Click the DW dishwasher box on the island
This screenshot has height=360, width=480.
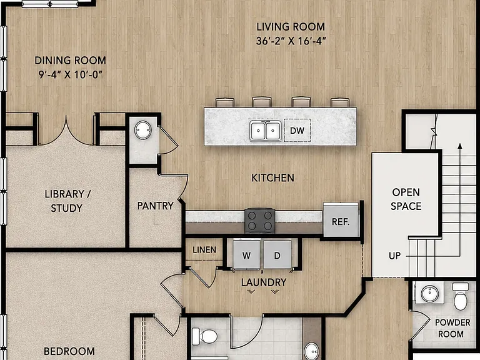click(297, 131)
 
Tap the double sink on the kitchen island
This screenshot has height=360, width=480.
click(266, 131)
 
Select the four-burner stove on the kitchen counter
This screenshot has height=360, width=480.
click(259, 221)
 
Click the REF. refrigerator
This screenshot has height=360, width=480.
click(341, 219)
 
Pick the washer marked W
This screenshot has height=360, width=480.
click(246, 255)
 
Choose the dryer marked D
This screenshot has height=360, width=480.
click(277, 255)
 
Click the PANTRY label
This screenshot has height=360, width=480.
click(155, 206)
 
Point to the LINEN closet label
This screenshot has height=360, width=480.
click(204, 250)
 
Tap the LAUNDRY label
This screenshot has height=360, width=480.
click(264, 282)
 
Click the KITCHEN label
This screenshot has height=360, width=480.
click(272, 178)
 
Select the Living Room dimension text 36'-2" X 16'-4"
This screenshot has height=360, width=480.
click(291, 41)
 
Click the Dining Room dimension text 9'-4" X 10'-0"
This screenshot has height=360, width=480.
click(70, 74)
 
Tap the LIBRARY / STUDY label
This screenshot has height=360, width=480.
click(67, 201)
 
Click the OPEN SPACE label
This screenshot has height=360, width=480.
click(406, 199)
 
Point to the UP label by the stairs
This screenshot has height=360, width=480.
click(394, 256)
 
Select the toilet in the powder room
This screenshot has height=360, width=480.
click(461, 296)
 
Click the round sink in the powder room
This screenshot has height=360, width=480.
click(430, 294)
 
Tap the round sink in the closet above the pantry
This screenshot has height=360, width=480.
click(143, 130)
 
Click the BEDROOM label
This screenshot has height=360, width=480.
click(69, 351)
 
